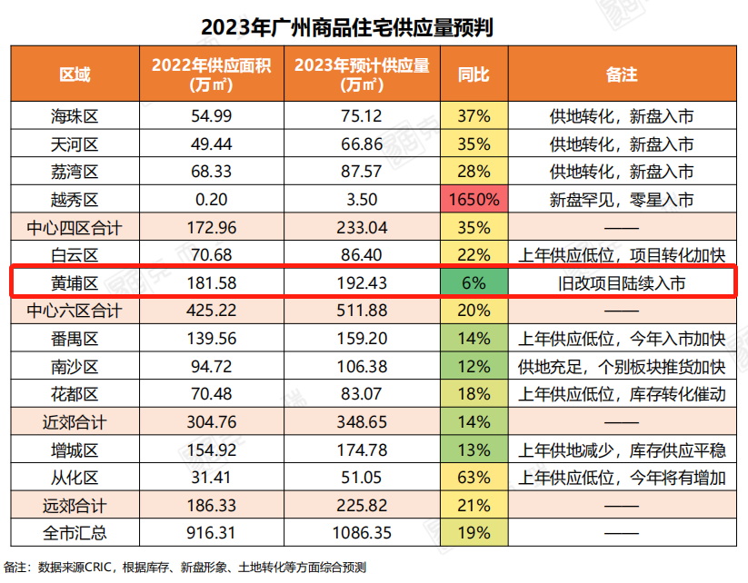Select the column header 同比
[474, 74]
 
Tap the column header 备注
[622, 74]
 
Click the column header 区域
[75, 74]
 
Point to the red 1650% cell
[474, 200]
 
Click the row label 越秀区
[75, 200]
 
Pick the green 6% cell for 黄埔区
[474, 283]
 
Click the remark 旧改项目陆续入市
[622, 283]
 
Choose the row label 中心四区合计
[75, 228]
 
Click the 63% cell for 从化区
[474, 478]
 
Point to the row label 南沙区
[75, 367]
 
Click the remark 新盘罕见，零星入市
[622, 200]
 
